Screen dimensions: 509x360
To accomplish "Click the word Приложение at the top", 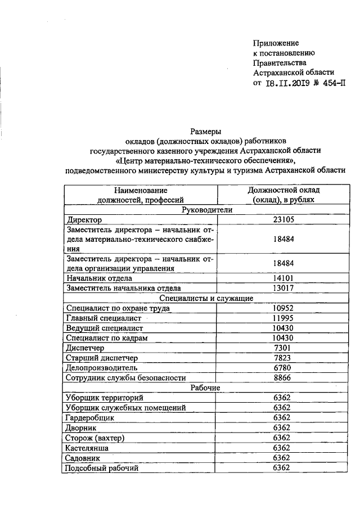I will pyautogui.click(x=276, y=43).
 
